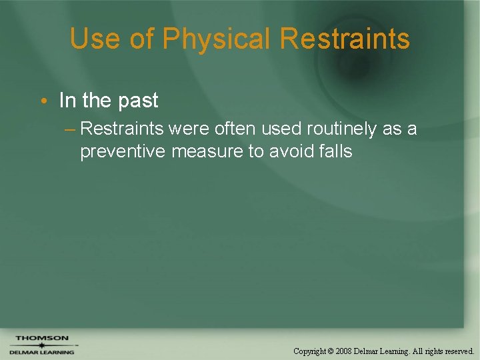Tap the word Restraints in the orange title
pyautogui.click(x=345, y=39)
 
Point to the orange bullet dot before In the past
pyautogui.click(x=43, y=101)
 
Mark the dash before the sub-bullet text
pyautogui.click(x=71, y=129)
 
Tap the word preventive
pyautogui.click(x=123, y=152)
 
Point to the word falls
pyautogui.click(x=335, y=152)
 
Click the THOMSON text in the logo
pyautogui.click(x=41, y=338)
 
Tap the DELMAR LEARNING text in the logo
pyautogui.click(x=41, y=352)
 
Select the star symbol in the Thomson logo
pyautogui.click(x=41, y=345)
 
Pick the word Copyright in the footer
pyautogui.click(x=310, y=351)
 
